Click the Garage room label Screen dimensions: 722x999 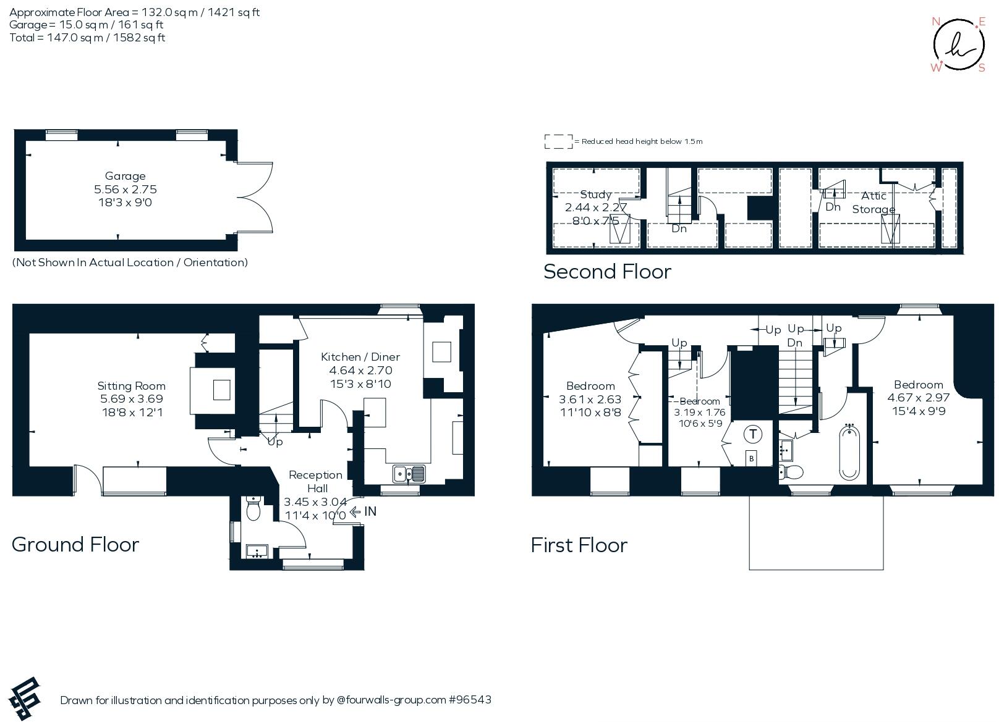click(x=125, y=176)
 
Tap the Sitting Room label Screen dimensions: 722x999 click(x=131, y=386)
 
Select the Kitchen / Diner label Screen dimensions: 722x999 click(x=360, y=357)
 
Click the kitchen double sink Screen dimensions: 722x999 click(x=409, y=474)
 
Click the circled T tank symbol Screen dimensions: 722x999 click(x=752, y=434)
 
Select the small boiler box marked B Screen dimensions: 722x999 click(x=751, y=459)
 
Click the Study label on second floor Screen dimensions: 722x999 click(x=595, y=195)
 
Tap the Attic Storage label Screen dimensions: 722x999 click(x=874, y=202)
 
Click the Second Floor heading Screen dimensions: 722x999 click(x=607, y=272)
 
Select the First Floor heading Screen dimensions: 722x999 click(x=579, y=545)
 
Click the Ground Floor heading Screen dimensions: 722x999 click(x=75, y=544)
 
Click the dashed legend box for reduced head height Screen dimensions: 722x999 click(x=558, y=141)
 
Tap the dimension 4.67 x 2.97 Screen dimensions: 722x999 click(x=918, y=398)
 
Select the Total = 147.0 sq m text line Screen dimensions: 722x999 click(x=87, y=38)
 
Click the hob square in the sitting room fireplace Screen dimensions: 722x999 click(x=221, y=390)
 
